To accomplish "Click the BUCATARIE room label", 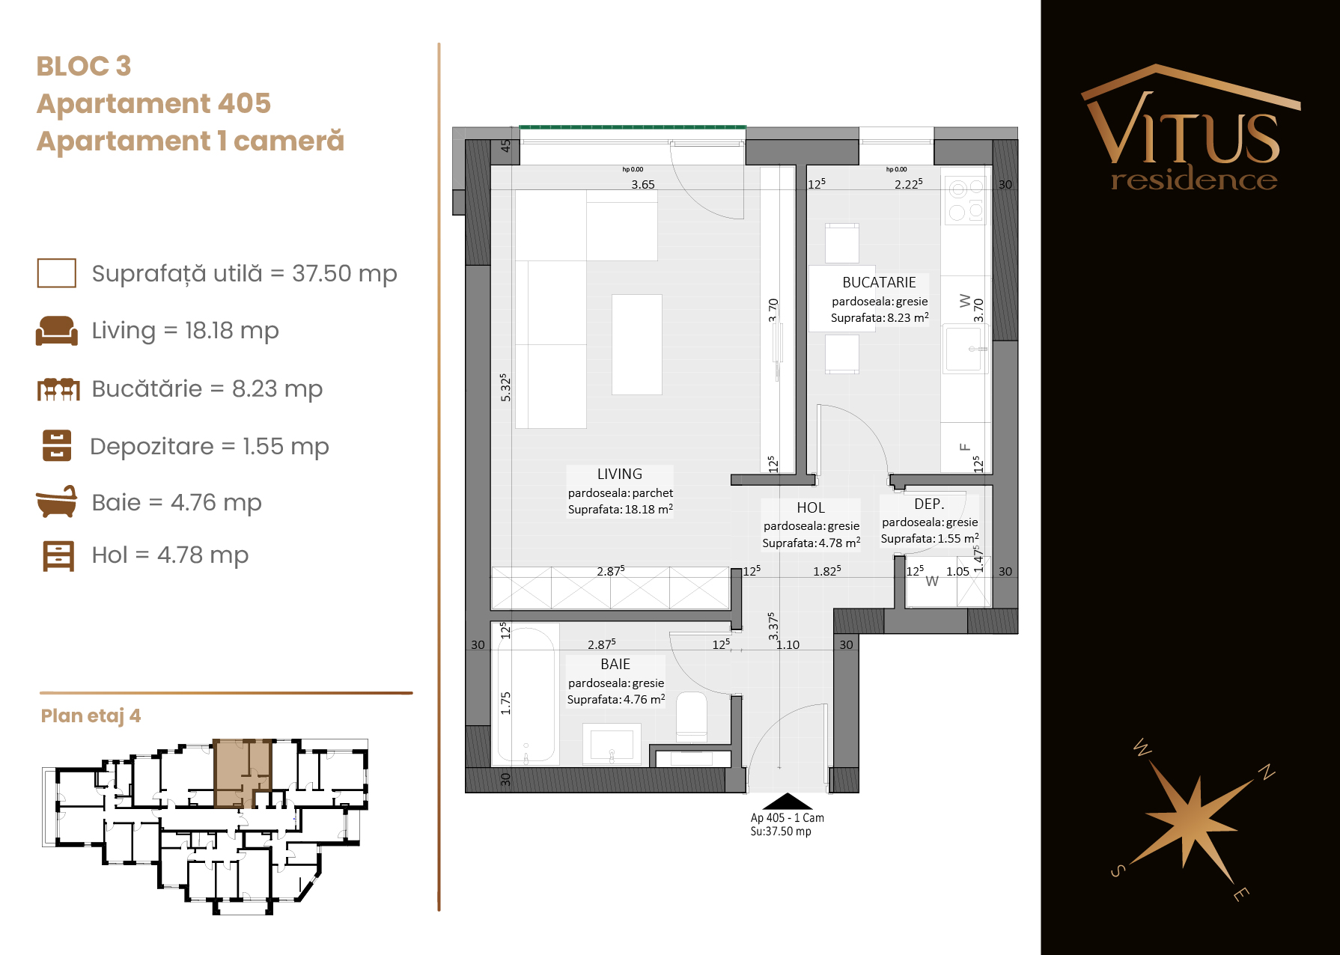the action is (879, 282).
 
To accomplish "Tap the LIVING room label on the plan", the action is (620, 474).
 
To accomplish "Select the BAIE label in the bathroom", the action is (615, 664).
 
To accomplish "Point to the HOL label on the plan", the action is (811, 507).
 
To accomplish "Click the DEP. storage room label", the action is (929, 504).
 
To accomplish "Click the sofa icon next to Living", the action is (56, 330).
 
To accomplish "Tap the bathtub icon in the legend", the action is (56, 501).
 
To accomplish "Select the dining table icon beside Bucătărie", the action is (58, 389).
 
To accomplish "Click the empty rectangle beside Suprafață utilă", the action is (56, 273).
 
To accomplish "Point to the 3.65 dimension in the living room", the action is (642, 184).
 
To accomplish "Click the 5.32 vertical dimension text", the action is (505, 388).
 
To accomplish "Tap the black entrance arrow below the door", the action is (787, 801).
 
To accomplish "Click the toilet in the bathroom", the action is (692, 716).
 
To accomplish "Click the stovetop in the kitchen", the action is (966, 200).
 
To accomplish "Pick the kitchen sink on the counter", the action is (965, 349).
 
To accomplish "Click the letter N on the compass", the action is (1266, 772).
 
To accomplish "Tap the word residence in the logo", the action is (1194, 180).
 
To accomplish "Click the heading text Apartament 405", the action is (153, 103).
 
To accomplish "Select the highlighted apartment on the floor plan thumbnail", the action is (242, 773).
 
